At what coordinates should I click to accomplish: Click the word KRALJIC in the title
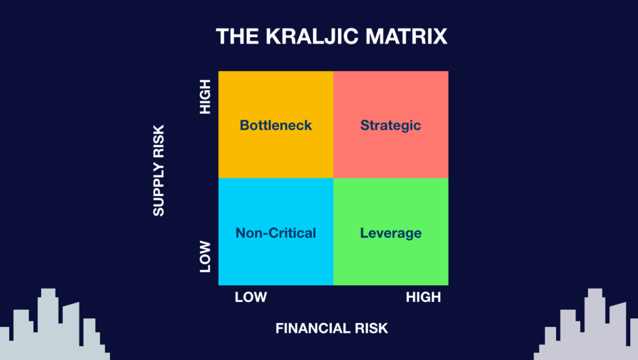[x=312, y=36]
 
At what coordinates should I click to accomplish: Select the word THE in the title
[x=238, y=36]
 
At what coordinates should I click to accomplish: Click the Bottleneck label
[x=276, y=125]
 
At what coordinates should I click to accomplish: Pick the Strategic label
[x=391, y=125]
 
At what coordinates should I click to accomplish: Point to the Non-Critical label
[x=276, y=233]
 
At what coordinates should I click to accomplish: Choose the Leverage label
[x=391, y=233]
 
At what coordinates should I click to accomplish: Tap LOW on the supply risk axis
[x=206, y=256]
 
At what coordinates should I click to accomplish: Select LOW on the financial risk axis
[x=251, y=297]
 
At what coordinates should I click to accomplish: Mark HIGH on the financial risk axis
[x=423, y=297]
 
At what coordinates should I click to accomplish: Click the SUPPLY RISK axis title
[x=159, y=170]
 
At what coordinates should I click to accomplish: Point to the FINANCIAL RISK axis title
[x=331, y=328]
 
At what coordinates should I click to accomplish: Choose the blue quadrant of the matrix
[x=276, y=260]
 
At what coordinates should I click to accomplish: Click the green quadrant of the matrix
[x=391, y=260]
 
